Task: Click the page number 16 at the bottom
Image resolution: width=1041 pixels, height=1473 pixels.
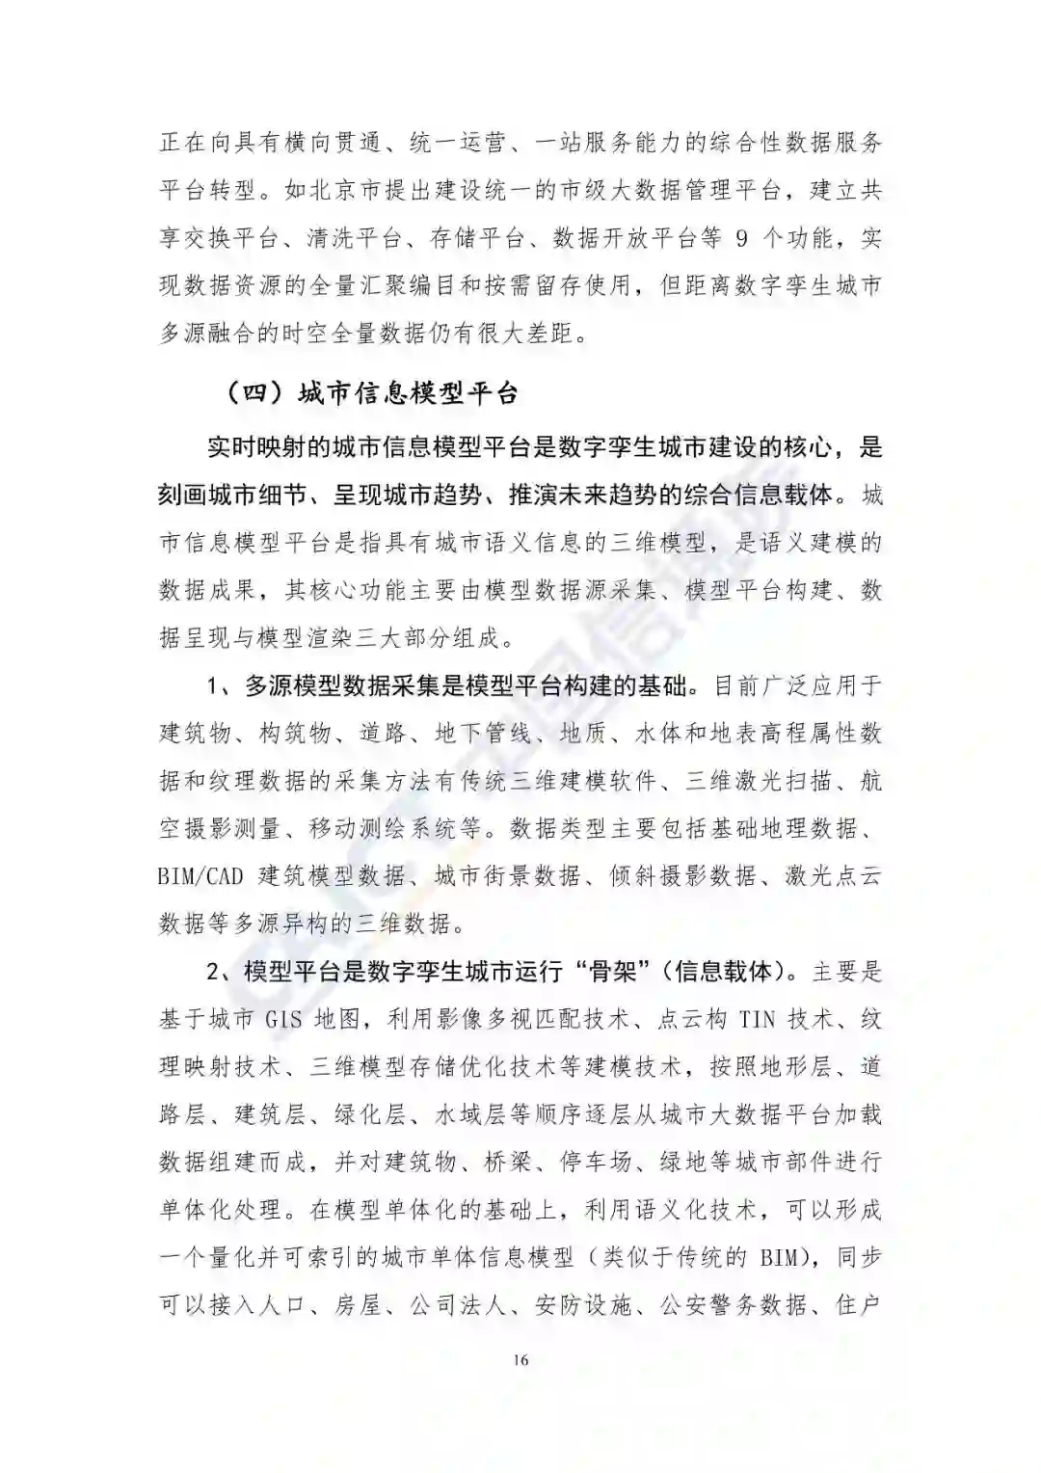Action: [x=520, y=1360]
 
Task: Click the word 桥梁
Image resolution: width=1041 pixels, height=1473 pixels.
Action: [x=508, y=1162]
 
